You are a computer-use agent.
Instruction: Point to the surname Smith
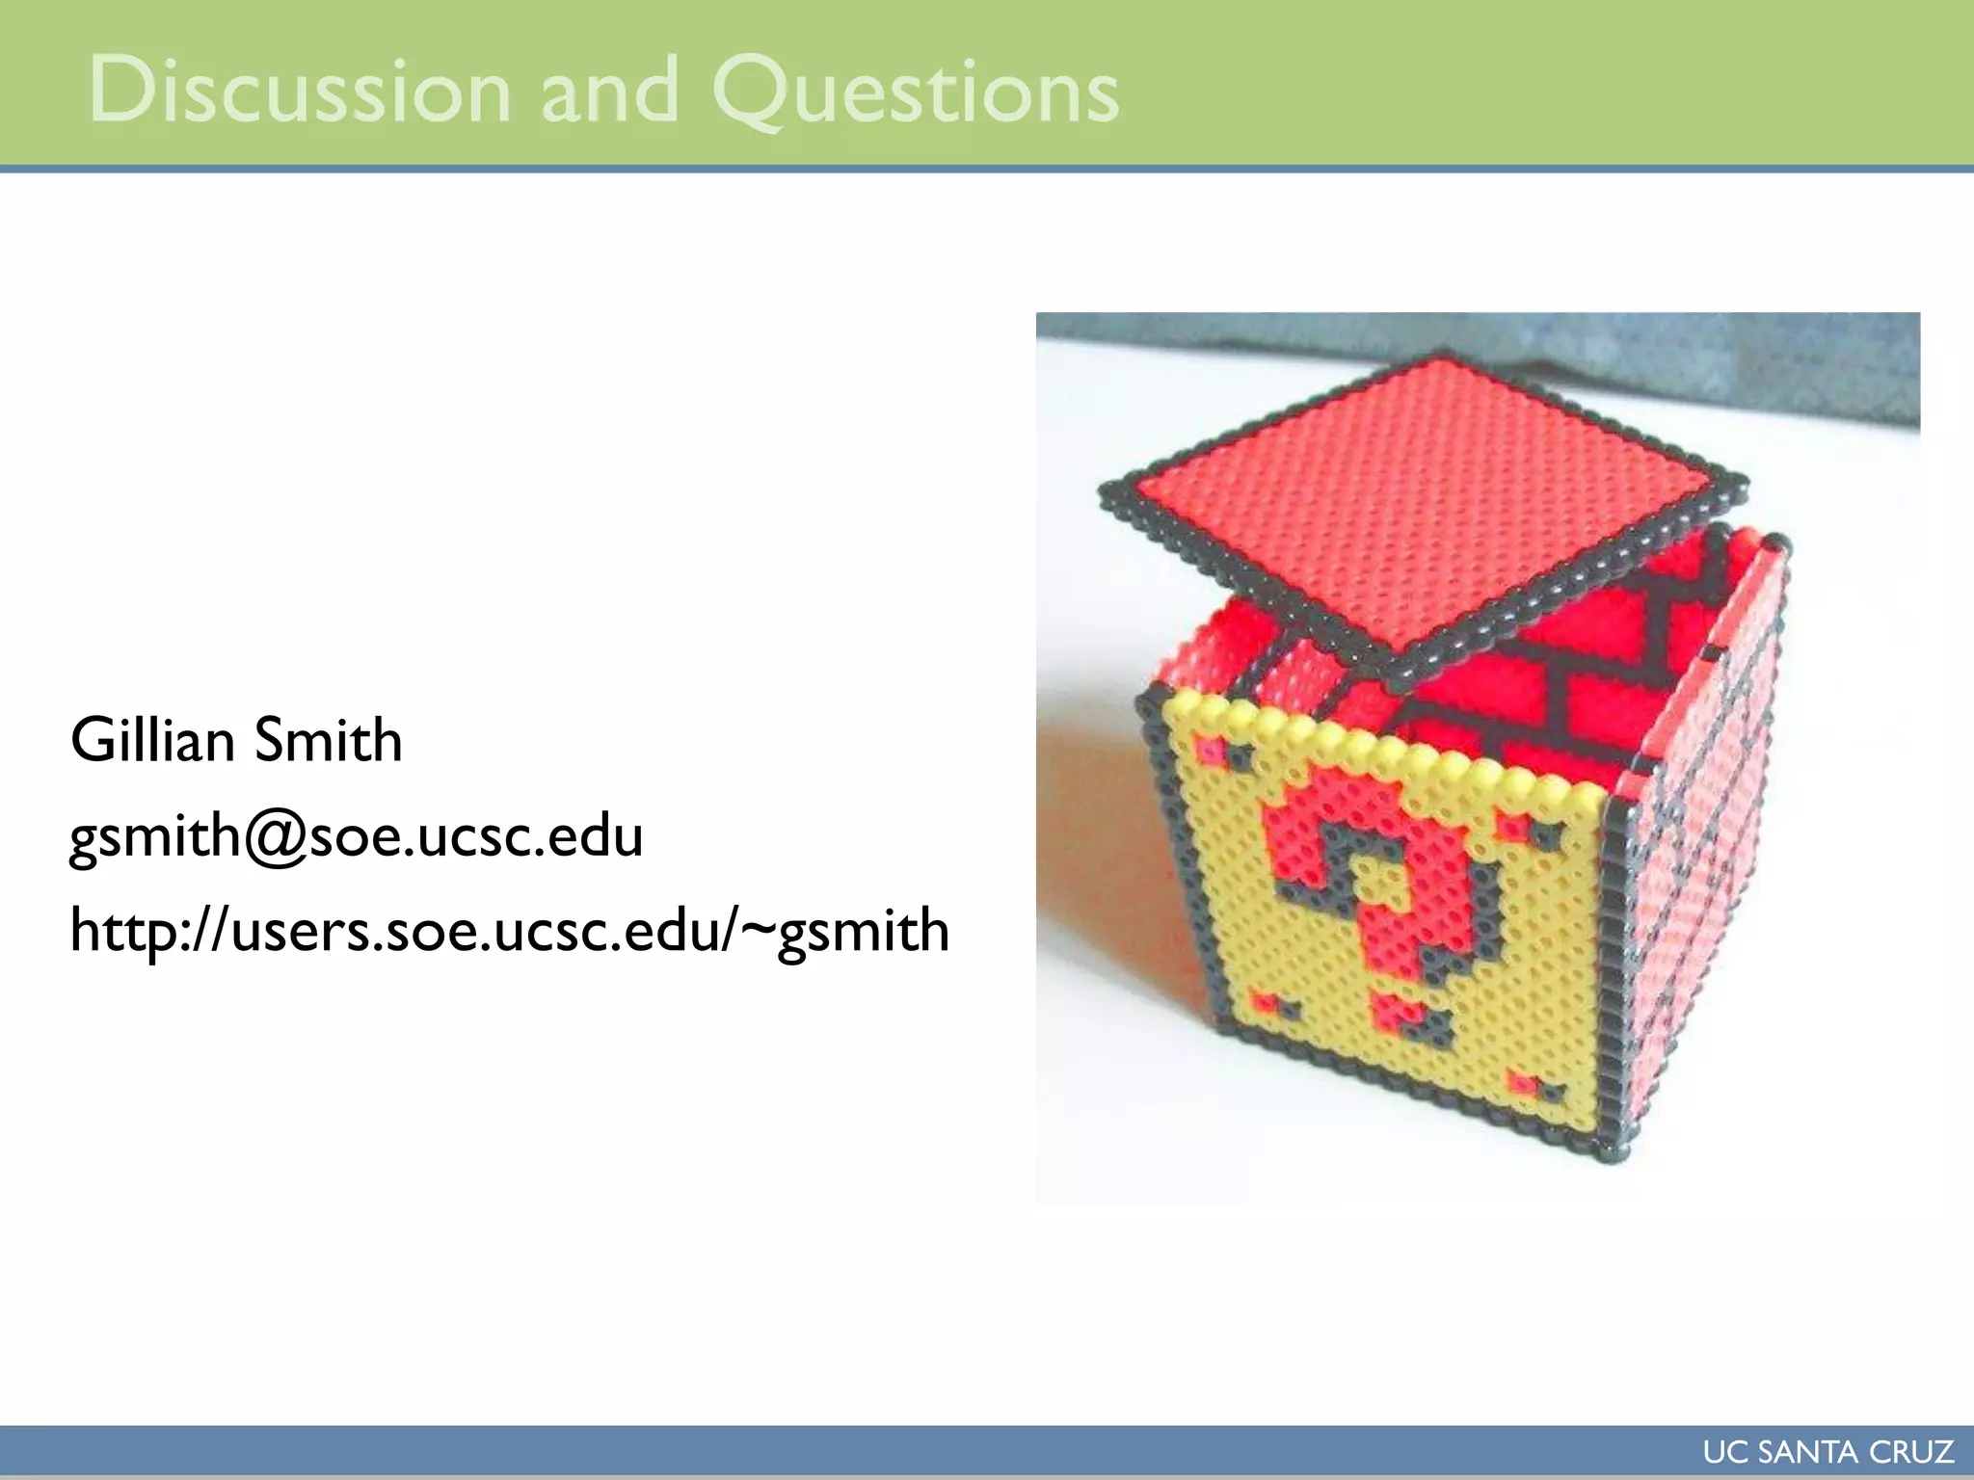328,740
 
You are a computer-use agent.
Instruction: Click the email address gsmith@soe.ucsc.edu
357,835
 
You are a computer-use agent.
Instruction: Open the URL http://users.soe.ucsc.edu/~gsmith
510,931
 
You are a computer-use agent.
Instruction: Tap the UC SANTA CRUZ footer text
1827,1451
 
